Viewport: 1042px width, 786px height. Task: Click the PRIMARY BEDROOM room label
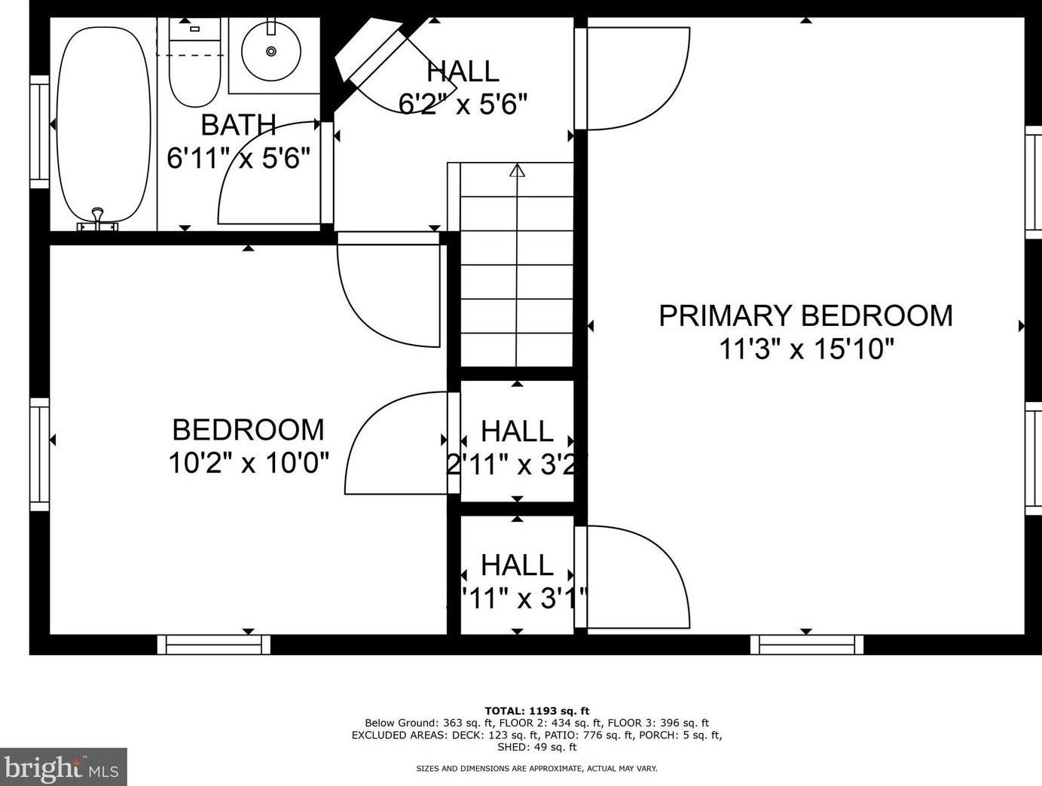(805, 315)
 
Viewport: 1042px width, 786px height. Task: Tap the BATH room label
(238, 125)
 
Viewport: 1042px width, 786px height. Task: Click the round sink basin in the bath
(271, 51)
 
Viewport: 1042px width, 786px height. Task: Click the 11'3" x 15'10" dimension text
(806, 349)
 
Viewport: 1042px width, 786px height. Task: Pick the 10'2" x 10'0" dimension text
(248, 462)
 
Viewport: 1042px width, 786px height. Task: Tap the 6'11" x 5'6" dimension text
(238, 159)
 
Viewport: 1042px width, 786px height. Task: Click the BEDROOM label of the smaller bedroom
(248, 430)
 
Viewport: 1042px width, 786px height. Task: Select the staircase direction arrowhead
(517, 170)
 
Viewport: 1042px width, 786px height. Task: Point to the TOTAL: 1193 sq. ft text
(536, 711)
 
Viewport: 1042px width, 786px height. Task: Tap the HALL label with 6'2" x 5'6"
(463, 72)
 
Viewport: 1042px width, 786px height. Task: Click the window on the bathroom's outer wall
(39, 132)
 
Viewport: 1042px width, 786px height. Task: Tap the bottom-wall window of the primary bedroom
(807, 644)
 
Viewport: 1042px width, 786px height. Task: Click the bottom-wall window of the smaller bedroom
(214, 644)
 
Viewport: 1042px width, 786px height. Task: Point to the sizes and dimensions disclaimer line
(536, 769)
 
